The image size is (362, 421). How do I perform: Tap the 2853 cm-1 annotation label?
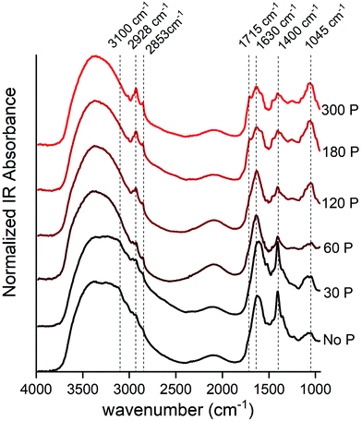(x=151, y=27)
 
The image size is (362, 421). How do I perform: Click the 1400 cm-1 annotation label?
(x=280, y=27)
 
